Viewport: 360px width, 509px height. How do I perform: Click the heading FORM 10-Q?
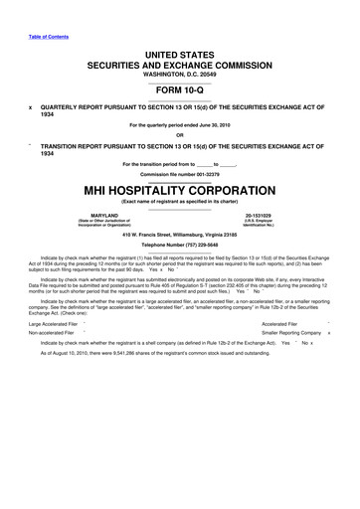(x=180, y=85)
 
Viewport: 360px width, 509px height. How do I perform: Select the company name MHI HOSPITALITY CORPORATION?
(x=180, y=189)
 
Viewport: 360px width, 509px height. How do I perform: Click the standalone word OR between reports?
(x=180, y=135)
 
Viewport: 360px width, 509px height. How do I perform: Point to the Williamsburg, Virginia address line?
(x=180, y=234)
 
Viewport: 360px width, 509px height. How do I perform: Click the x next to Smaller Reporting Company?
(x=328, y=335)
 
